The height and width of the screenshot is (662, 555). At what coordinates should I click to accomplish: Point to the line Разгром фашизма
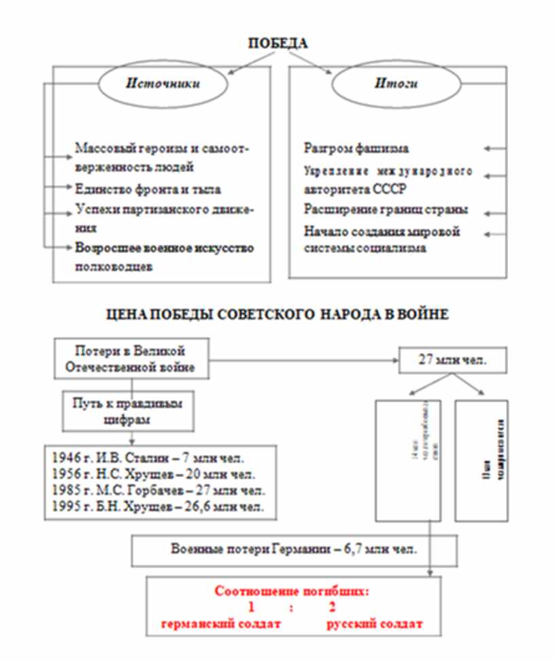[356, 148]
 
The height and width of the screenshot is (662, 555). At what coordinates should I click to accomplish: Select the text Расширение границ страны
[385, 210]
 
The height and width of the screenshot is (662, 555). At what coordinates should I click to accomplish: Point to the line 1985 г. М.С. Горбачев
[158, 491]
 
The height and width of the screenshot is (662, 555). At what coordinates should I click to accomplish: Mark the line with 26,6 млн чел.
[158, 507]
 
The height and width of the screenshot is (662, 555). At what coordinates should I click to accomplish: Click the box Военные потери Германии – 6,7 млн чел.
[293, 550]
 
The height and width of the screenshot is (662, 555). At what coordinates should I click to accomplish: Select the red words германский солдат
[217, 624]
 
